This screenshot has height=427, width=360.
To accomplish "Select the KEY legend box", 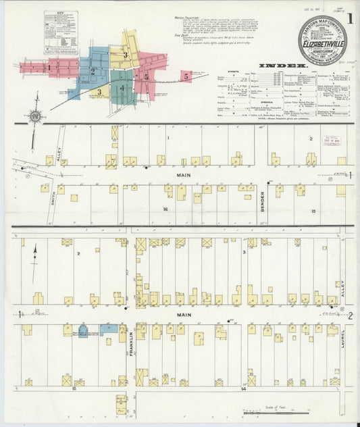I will point(61,32).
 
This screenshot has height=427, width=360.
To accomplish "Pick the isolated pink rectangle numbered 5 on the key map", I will point(186,78).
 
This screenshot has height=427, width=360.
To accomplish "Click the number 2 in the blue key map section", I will point(93,70).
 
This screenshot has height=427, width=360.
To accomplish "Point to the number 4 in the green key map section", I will point(122,89).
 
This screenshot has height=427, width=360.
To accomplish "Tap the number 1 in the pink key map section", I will point(49,68).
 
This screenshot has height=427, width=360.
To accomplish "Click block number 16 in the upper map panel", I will point(165,209).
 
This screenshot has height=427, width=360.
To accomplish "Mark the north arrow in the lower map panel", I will point(34,262).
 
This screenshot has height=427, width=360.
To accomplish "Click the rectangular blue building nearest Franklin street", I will point(109,329).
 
